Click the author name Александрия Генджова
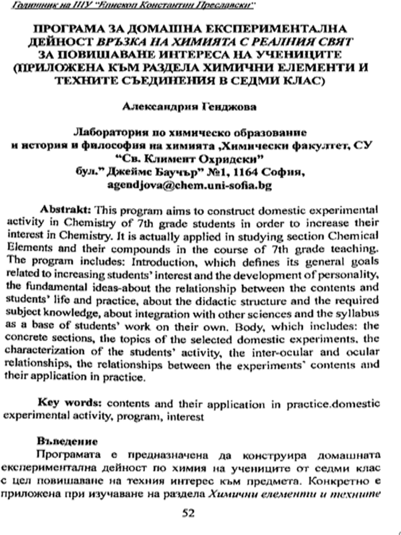[x=200, y=105]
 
